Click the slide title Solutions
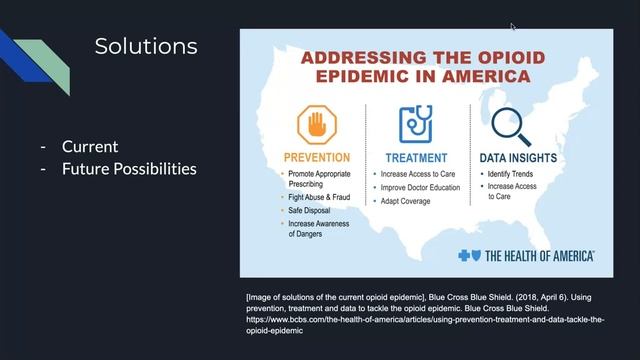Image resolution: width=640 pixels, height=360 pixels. click(146, 46)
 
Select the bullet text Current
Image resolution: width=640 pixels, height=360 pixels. click(90, 146)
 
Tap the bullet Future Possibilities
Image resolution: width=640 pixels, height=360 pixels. click(129, 168)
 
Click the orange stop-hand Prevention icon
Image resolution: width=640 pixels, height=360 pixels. click(317, 125)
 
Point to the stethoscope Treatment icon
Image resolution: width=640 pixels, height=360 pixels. click(415, 124)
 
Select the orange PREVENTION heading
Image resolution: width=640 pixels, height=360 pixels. click(317, 157)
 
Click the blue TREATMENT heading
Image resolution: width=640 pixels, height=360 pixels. click(415, 157)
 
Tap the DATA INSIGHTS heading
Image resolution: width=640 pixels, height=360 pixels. click(525, 157)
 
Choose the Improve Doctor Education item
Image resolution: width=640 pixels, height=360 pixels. click(427, 187)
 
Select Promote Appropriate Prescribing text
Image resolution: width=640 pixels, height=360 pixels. click(322, 179)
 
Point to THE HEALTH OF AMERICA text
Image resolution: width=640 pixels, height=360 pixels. click(540, 256)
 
